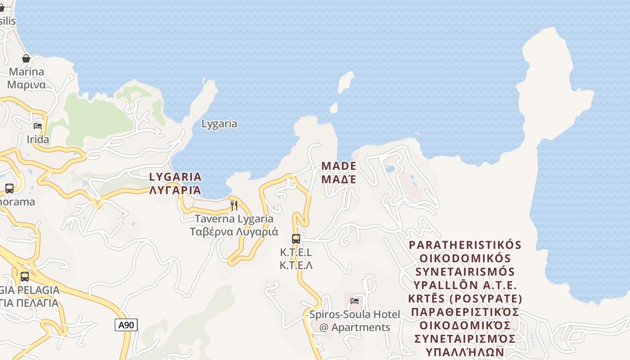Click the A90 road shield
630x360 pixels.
pos(126,325)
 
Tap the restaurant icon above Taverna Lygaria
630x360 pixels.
pos(234,206)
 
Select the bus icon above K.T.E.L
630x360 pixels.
pos(296,238)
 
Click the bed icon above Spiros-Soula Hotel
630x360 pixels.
pos(355,301)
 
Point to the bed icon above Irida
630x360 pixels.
pos(38,126)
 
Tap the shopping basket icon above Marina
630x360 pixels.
pos(26,58)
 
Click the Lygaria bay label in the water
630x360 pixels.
pos(219,124)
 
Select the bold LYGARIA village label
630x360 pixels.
pos(175,176)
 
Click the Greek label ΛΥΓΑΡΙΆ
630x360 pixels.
pos(175,190)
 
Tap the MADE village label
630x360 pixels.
pos(339,166)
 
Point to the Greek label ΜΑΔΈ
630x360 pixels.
pos(339,179)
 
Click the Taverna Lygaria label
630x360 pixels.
pos(234,219)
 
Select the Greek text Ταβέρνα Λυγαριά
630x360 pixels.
pos(234,232)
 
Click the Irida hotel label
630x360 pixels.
pos(38,139)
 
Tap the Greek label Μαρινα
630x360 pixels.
pos(27,85)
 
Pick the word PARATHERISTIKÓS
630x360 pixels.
pos(465,245)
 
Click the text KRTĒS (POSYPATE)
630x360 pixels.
pos(465,299)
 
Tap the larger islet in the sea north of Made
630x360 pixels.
pos(346,82)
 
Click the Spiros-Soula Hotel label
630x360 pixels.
pos(355,314)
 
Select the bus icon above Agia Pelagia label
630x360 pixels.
pos(25,277)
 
